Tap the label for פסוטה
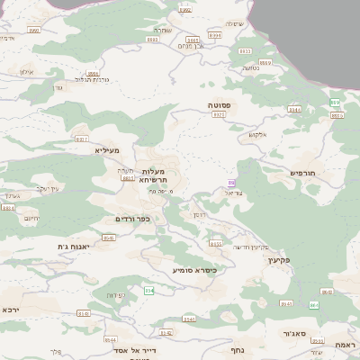(221, 105)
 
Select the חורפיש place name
(307, 171)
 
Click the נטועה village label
(250, 67)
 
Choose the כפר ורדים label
(131, 219)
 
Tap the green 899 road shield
(335, 103)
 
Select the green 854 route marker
(149, 290)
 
